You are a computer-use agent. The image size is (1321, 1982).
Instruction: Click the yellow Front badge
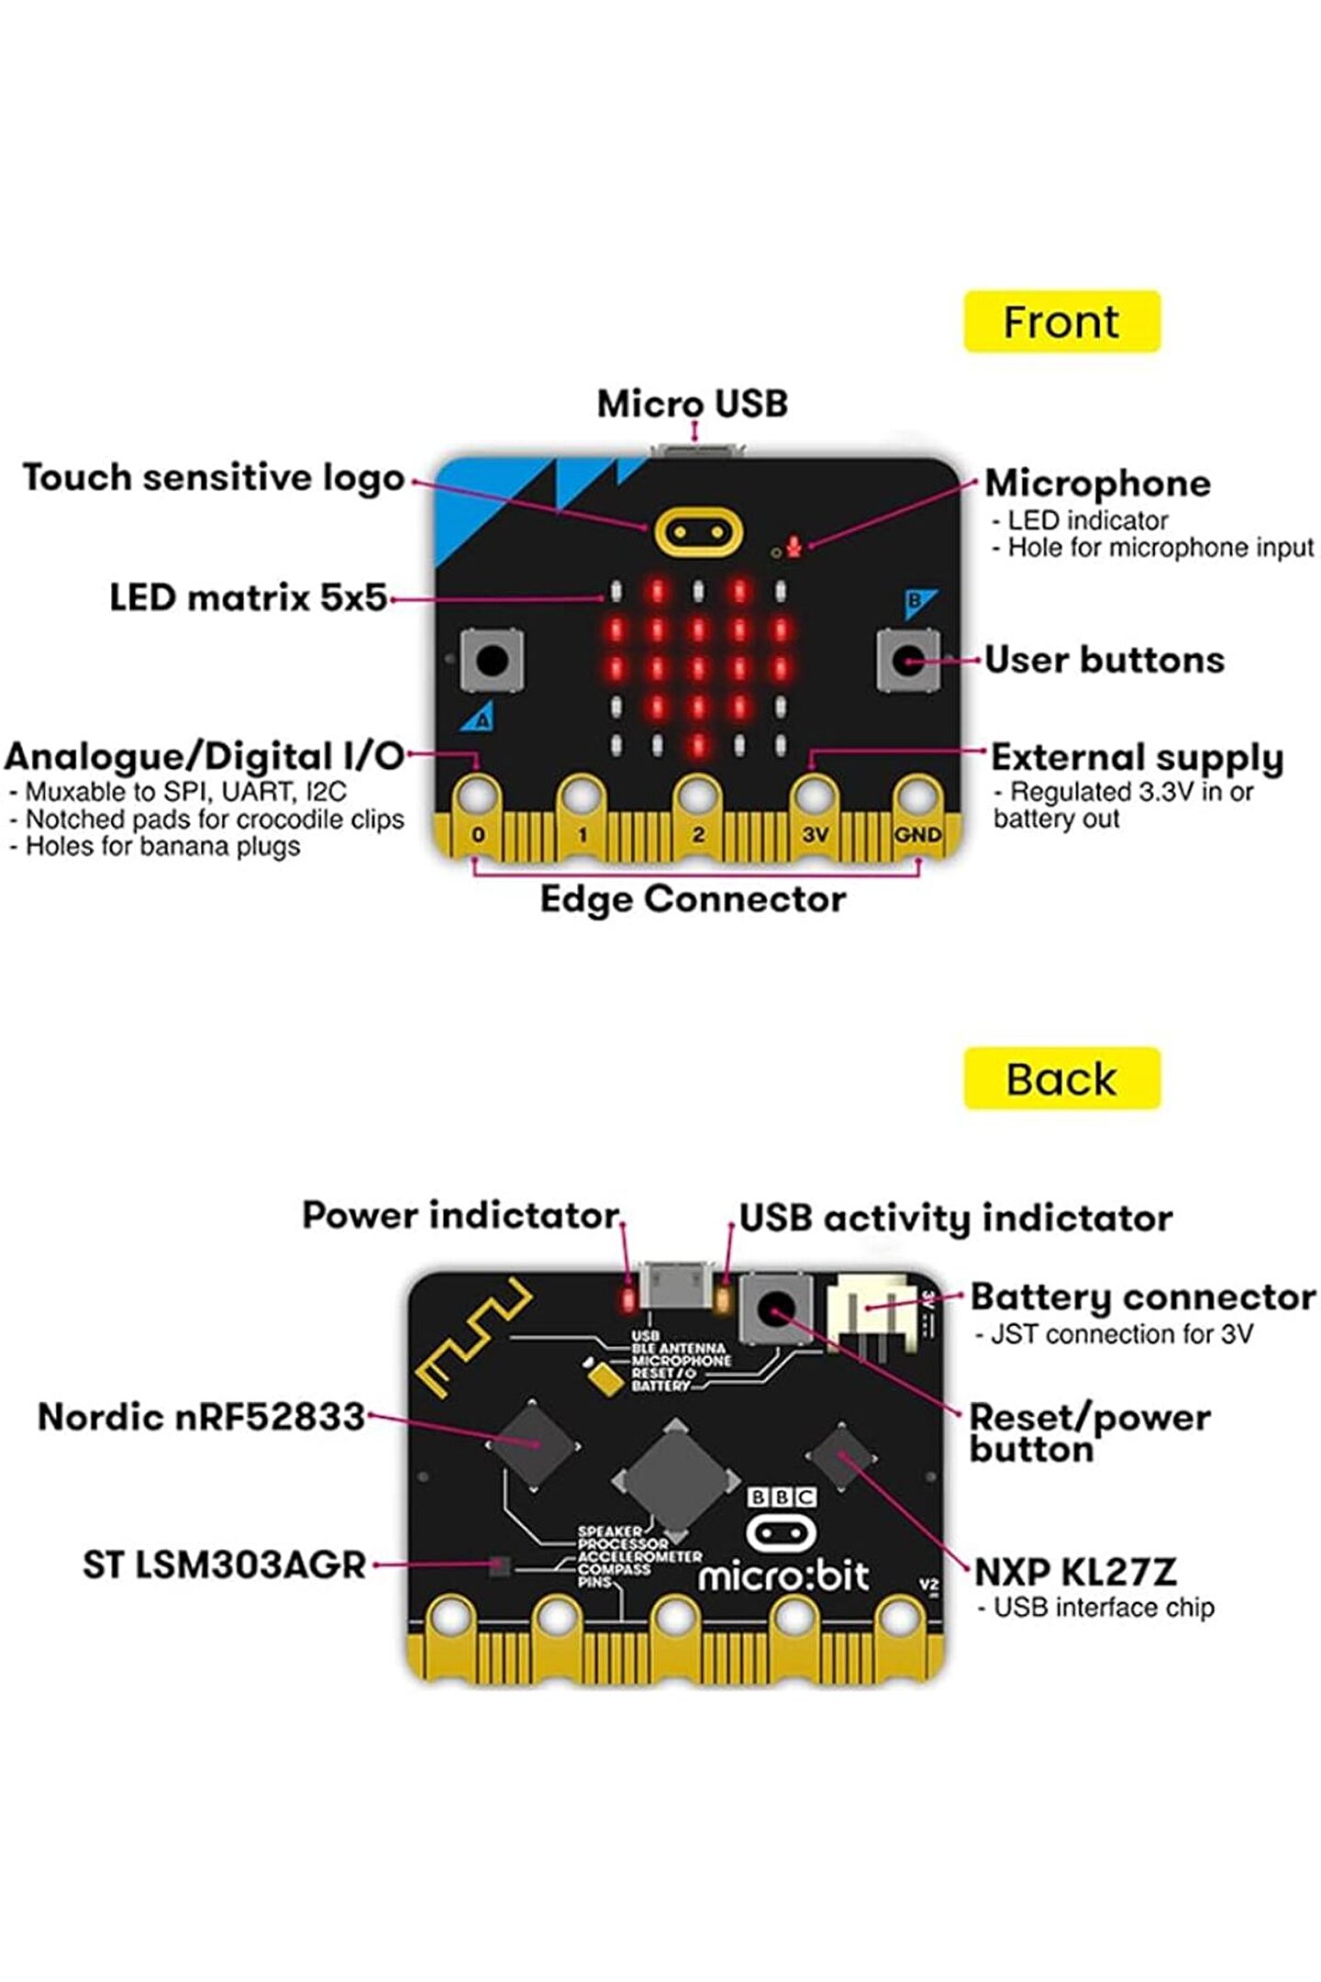[1061, 322]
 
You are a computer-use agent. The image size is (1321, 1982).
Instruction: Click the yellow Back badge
[1061, 1079]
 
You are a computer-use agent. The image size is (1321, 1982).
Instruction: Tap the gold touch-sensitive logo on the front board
[698, 532]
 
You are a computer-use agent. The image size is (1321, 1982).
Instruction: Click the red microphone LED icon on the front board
[794, 547]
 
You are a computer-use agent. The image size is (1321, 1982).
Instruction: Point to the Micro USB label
[693, 404]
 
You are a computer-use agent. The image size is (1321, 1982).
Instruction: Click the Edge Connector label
[693, 899]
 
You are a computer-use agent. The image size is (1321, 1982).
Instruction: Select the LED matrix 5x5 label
[249, 597]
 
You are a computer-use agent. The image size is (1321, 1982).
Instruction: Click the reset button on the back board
[776, 1308]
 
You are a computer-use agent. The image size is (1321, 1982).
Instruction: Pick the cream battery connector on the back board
[871, 1312]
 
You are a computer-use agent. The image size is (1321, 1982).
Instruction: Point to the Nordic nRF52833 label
[202, 1418]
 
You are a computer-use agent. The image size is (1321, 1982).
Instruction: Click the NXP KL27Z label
[1074, 1572]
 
